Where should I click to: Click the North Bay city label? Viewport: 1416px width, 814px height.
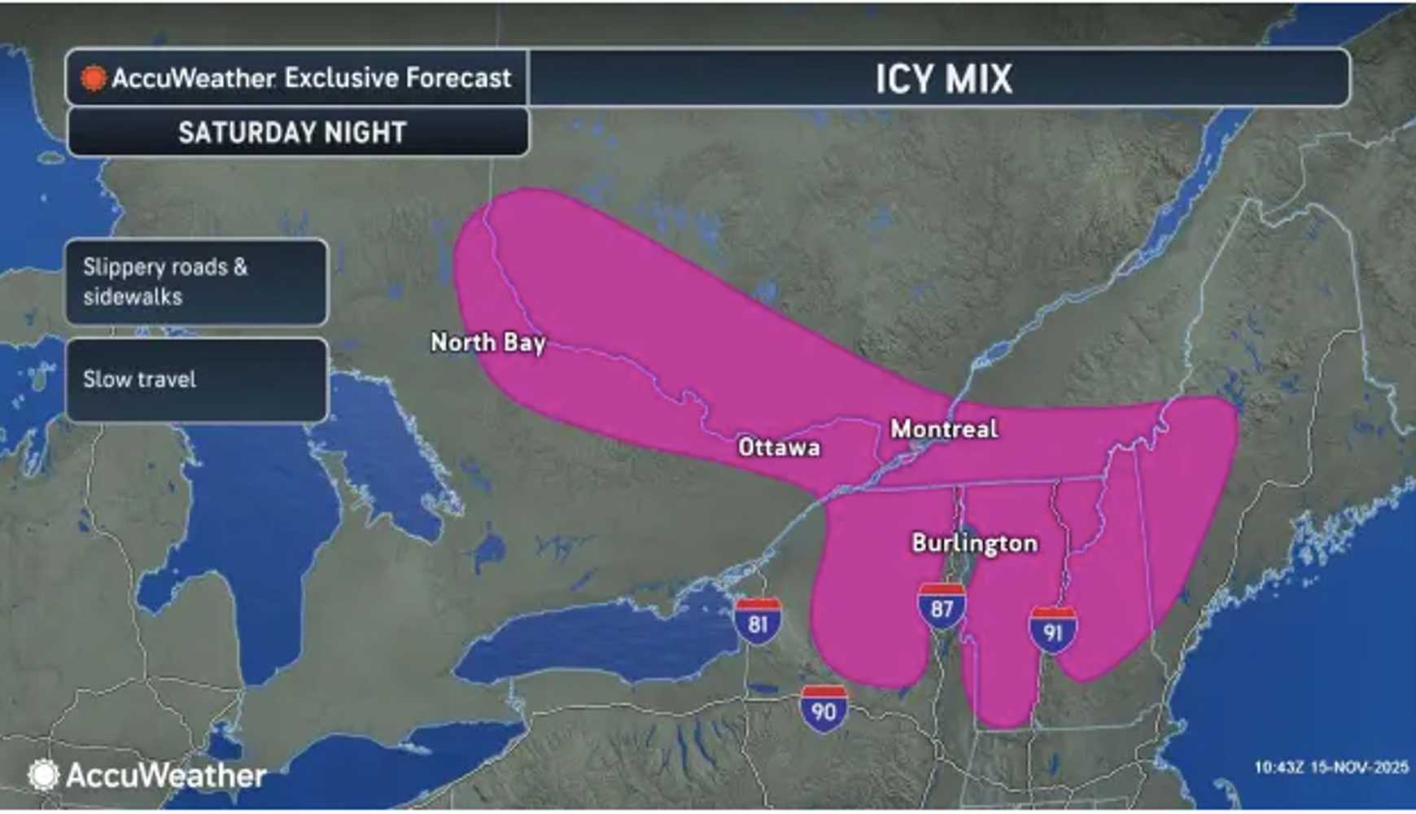coord(487,343)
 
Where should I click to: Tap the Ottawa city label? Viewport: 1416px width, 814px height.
coord(779,447)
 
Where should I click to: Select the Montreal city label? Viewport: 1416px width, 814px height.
coord(944,429)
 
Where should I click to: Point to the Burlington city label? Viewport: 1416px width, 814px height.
coord(974,543)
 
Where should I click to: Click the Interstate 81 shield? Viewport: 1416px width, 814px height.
coord(758,622)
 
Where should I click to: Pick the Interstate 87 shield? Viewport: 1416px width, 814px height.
coord(942,607)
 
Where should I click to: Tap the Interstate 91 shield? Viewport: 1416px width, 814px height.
coord(1052,630)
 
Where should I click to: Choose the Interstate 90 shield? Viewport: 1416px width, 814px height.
coord(824,710)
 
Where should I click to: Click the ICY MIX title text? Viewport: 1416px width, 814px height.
coord(943,79)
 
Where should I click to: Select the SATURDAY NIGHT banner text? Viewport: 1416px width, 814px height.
coord(292,133)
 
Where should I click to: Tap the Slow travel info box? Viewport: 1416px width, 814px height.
coord(196,379)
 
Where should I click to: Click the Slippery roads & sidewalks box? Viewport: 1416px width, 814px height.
coord(196,282)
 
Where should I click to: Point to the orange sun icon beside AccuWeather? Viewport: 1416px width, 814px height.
coord(93,78)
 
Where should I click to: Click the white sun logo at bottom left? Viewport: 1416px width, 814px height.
coord(43,775)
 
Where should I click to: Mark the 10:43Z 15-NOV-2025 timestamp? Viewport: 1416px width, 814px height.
coord(1331,767)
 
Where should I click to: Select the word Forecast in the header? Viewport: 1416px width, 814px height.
coord(459,78)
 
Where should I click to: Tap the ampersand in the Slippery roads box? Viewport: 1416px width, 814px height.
coord(240,267)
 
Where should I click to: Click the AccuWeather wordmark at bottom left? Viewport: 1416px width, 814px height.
coord(166,775)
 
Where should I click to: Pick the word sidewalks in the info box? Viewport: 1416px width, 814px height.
coord(133,296)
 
